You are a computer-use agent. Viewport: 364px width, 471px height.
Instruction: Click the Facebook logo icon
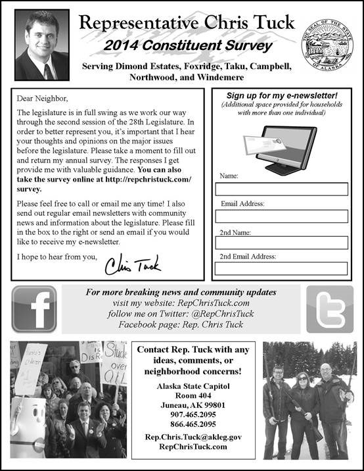[x=34, y=309]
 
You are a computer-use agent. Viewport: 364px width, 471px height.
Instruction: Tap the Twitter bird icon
[x=330, y=309]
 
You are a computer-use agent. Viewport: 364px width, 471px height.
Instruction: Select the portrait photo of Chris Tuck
[x=41, y=45]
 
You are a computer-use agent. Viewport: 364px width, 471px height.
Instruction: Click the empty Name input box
[x=281, y=189]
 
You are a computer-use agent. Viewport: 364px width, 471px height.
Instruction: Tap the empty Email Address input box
[x=281, y=216]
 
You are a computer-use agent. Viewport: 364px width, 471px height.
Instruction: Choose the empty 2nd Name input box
[x=281, y=243]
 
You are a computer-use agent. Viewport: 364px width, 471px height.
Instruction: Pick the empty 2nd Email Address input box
[x=281, y=268]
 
